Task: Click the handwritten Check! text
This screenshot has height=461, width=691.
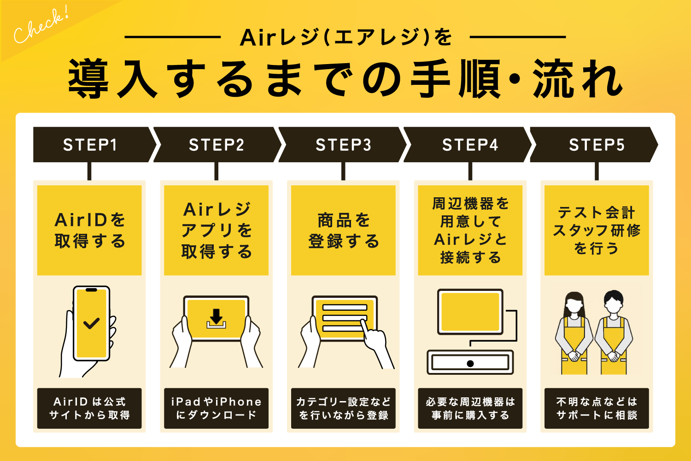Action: (x=40, y=27)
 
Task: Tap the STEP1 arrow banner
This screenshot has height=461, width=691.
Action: (x=91, y=145)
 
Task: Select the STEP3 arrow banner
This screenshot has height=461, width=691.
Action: (x=343, y=145)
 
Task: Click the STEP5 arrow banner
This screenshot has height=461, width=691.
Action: (x=596, y=145)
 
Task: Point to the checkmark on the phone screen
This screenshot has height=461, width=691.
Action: (x=92, y=323)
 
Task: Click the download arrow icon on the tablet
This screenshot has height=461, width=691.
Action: (x=216, y=318)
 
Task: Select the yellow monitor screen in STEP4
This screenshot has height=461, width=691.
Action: (x=470, y=312)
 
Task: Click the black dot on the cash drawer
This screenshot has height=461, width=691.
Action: (x=470, y=363)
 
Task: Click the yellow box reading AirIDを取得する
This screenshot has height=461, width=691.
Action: (x=89, y=230)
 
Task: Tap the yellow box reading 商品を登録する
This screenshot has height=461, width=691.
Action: (x=343, y=230)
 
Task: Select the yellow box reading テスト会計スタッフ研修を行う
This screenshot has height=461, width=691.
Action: (x=597, y=230)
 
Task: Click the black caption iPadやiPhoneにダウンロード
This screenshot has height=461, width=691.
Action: (x=216, y=408)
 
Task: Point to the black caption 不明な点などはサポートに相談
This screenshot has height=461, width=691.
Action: (x=597, y=408)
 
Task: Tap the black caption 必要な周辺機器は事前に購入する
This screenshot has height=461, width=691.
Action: (x=470, y=408)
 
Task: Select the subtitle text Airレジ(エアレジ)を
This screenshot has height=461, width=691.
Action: (x=345, y=37)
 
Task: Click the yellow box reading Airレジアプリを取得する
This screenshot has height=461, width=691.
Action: (x=216, y=230)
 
